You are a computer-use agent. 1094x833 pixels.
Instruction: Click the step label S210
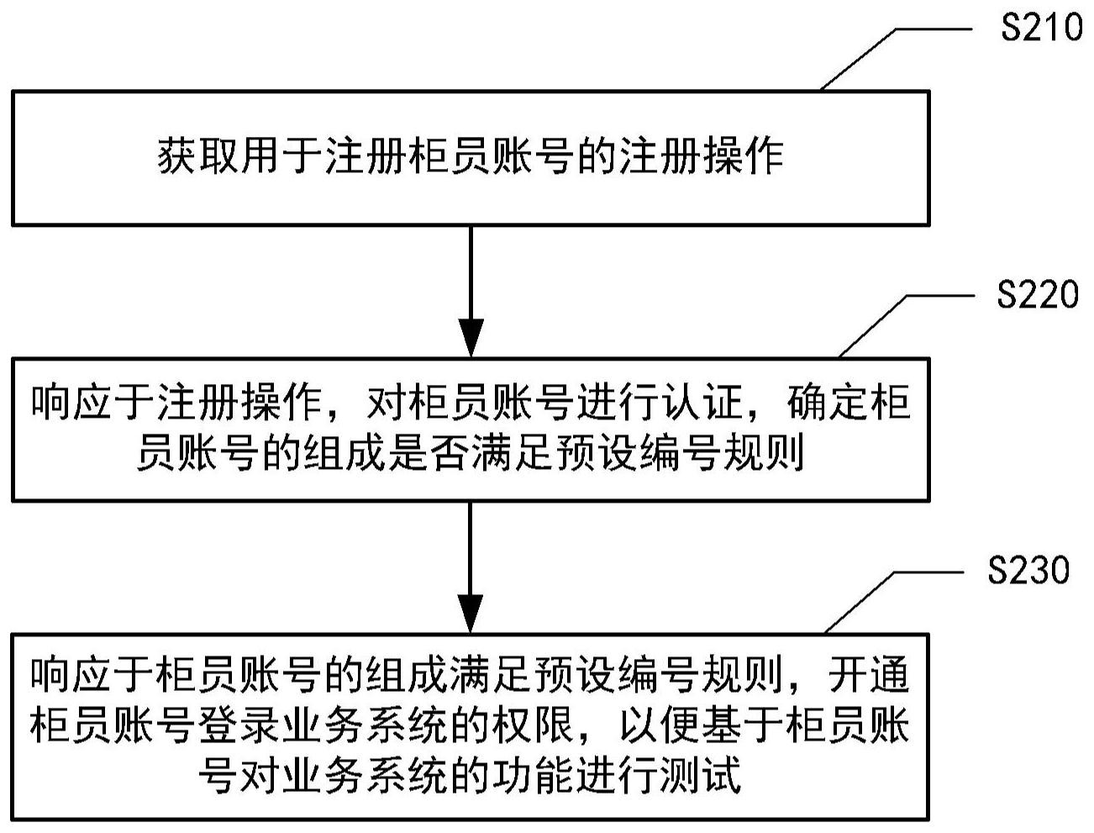point(1041,29)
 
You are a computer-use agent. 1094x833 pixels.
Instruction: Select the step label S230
point(1028,572)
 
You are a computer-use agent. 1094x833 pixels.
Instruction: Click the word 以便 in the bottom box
point(639,727)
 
